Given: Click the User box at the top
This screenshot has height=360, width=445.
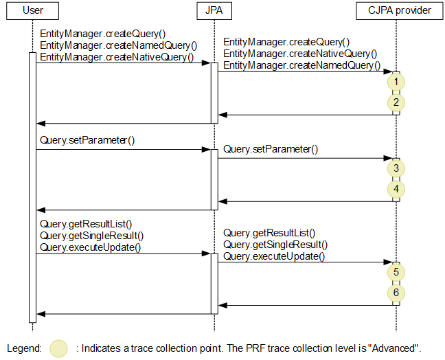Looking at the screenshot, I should (32, 11).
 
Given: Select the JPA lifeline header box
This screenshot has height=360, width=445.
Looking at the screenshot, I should (214, 11).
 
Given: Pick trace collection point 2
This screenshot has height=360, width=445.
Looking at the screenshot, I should (396, 103).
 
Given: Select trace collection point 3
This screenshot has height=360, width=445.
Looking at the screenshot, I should (396, 168).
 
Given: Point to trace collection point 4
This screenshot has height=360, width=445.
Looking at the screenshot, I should (396, 189).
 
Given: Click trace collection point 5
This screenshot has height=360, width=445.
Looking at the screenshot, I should (396, 272).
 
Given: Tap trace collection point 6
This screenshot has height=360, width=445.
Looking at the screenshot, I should (396, 293).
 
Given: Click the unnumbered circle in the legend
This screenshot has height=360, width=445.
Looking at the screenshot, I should (60, 348).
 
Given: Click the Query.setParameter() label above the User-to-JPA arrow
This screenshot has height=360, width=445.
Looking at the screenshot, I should (87, 140).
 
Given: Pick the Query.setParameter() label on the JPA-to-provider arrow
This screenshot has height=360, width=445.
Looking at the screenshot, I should (271, 149).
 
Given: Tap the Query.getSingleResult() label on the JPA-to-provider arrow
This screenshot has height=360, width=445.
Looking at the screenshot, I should (275, 245).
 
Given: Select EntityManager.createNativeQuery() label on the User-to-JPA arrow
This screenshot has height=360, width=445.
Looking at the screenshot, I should (117, 57).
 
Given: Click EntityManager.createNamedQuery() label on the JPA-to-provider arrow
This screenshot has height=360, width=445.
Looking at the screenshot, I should (301, 65).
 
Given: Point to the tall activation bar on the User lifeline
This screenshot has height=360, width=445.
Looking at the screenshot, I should (32, 185).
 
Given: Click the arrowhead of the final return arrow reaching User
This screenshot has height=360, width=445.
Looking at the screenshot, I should (40, 314).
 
